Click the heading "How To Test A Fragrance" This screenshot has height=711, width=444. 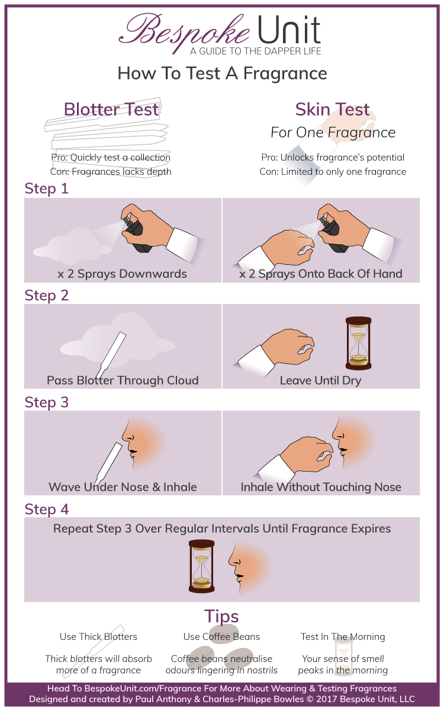(x=222, y=73)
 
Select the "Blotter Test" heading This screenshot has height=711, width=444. (x=111, y=110)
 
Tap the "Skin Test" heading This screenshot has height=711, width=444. (x=333, y=110)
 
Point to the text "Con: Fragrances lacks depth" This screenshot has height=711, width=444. (x=111, y=171)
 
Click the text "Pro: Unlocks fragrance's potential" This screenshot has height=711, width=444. (x=333, y=158)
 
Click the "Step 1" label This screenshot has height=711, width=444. (x=47, y=189)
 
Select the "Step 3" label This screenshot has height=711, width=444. (x=47, y=402)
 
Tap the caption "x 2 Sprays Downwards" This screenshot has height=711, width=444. (x=122, y=274)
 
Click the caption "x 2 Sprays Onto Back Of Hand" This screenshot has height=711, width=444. (x=321, y=274)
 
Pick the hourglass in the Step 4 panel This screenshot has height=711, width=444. (x=201, y=566)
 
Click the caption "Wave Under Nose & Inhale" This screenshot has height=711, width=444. (x=123, y=487)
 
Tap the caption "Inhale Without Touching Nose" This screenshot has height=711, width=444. (x=321, y=487)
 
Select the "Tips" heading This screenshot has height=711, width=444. (x=221, y=616)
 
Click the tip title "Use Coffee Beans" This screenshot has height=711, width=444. (x=221, y=637)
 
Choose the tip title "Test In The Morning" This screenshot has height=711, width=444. (x=343, y=637)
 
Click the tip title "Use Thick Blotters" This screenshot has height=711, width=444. (x=98, y=637)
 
